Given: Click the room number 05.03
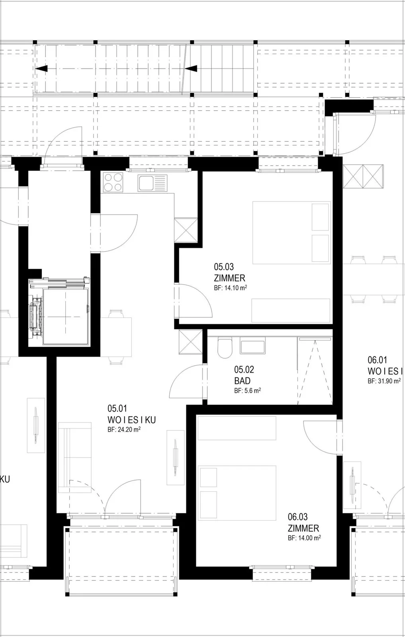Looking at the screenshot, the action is click(x=224, y=267).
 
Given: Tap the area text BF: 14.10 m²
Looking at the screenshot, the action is click(x=230, y=288).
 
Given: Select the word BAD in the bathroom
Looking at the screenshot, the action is click(x=242, y=381).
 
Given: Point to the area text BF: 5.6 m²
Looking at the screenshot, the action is click(x=247, y=391).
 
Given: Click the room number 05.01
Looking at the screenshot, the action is click(x=117, y=408).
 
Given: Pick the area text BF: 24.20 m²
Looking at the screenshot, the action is click(x=124, y=430).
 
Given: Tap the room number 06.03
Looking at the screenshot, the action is click(x=298, y=517).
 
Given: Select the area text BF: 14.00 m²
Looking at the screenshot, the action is click(x=304, y=538).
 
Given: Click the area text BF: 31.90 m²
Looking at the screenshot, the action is click(x=384, y=381).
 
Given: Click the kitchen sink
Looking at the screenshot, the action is click(x=153, y=183).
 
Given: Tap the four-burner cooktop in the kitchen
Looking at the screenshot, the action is click(x=113, y=182).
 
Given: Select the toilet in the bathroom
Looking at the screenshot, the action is click(x=225, y=348).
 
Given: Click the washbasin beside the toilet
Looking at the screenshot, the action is click(x=252, y=346).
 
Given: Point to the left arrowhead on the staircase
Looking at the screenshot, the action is click(x=41, y=68).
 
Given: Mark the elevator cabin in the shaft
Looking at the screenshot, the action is click(x=65, y=317).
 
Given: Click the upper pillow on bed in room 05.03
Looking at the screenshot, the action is click(x=320, y=217).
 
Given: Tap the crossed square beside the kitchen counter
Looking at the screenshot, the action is click(x=186, y=230).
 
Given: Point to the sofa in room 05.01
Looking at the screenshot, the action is click(x=75, y=457).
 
